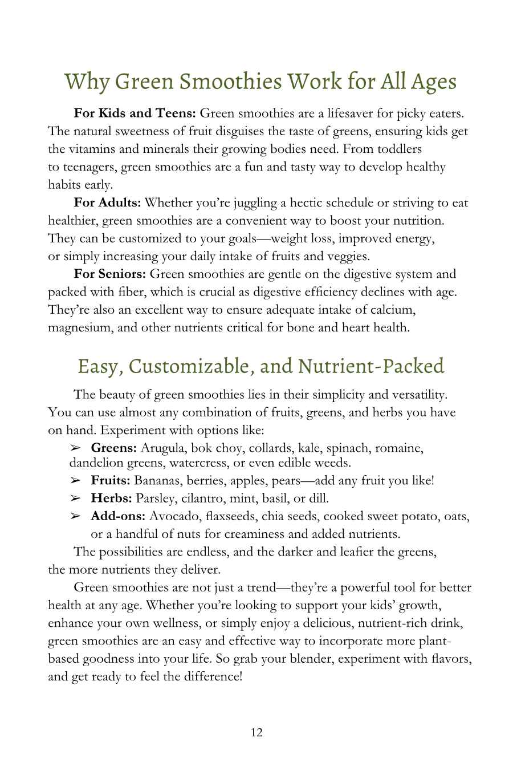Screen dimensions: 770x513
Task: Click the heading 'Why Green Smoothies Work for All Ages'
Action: [x=260, y=81]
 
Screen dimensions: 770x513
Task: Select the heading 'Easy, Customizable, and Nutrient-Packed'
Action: [x=260, y=366]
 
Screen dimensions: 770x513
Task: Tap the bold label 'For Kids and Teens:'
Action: [x=135, y=114]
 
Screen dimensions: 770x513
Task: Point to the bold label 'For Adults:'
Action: [x=108, y=202]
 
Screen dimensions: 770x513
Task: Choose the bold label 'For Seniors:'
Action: [x=110, y=274]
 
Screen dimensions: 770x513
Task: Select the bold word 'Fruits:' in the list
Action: [x=111, y=480]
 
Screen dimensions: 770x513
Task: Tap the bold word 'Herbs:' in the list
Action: [x=111, y=499]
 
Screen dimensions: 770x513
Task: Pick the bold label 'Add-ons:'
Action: [x=118, y=516]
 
